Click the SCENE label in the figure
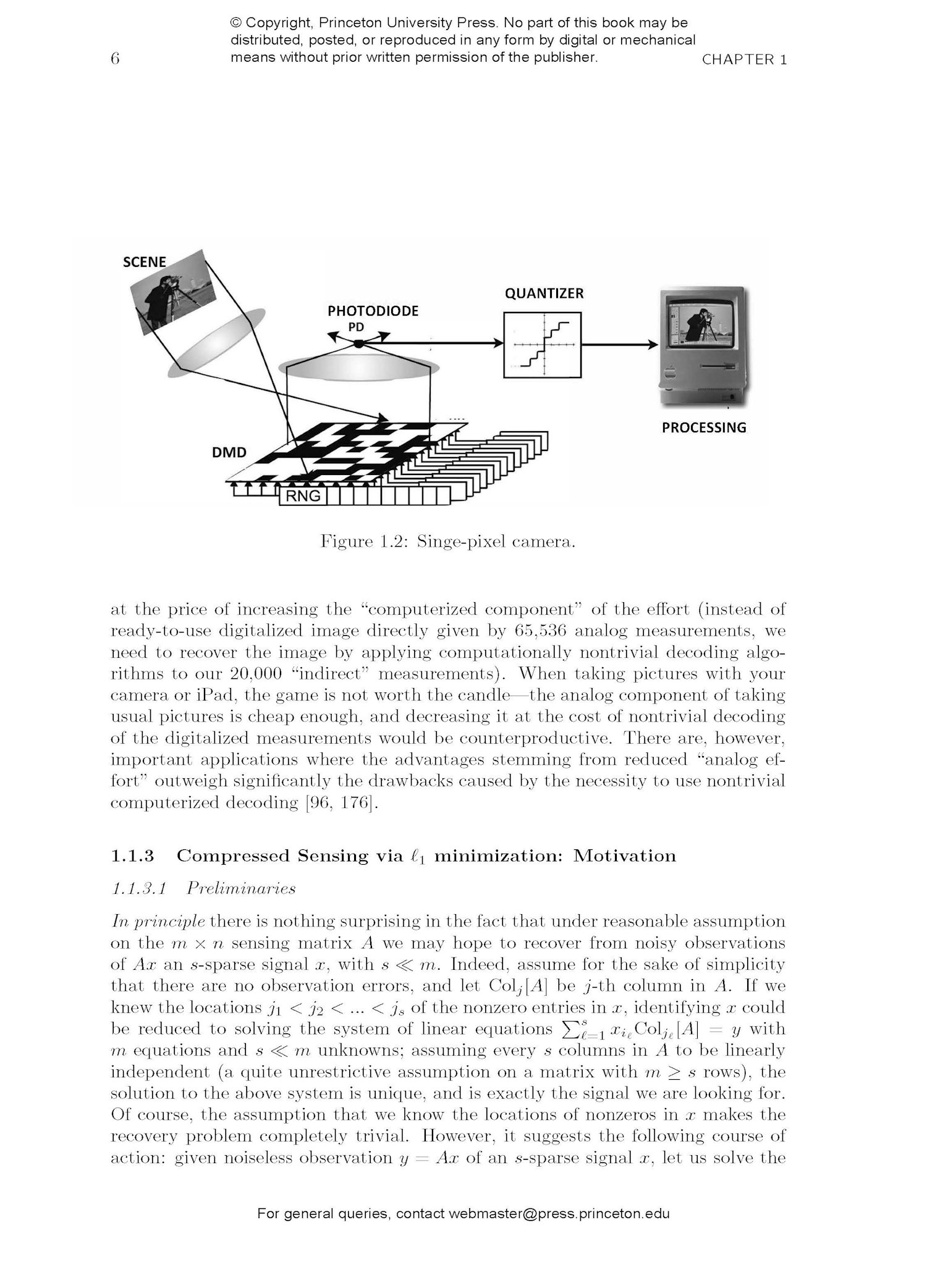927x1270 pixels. click(145, 262)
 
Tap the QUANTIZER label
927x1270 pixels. click(544, 293)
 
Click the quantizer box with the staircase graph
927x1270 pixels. click(542, 345)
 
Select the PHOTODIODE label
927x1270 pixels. click(373, 311)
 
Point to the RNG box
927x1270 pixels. click(303, 495)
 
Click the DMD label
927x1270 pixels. click(229, 452)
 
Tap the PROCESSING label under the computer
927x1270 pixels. click(704, 427)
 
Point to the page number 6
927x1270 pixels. click(114, 59)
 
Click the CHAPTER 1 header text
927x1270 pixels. click(744, 60)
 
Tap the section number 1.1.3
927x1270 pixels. click(132, 856)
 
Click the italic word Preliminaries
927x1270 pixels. click(241, 888)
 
